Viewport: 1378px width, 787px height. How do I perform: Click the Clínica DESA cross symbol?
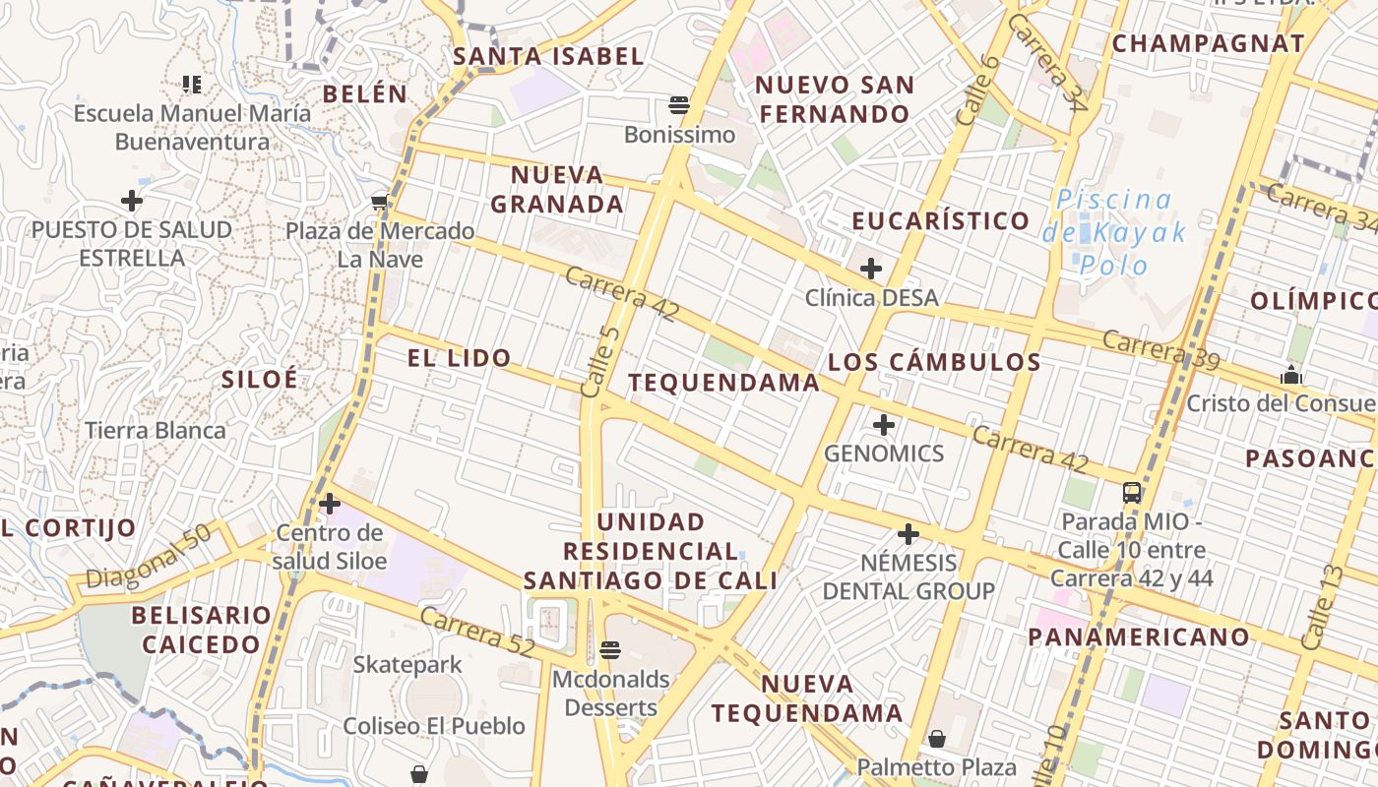click(x=871, y=268)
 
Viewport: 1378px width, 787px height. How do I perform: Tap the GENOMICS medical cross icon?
click(x=884, y=425)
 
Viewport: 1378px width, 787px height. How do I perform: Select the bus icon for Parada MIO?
click(x=1132, y=493)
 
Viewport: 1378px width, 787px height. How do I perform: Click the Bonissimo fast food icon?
click(x=679, y=104)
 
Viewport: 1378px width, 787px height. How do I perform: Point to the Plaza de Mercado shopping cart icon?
click(x=380, y=203)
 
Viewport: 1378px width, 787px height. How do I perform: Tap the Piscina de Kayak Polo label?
click(x=1114, y=232)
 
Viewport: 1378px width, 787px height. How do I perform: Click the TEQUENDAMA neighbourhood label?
click(x=724, y=383)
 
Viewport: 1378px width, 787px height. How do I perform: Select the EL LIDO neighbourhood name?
click(x=460, y=358)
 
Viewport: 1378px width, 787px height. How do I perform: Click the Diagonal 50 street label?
click(x=149, y=557)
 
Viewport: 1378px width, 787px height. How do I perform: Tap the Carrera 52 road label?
click(x=476, y=633)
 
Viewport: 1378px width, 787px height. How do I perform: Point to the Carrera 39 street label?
click(x=1160, y=350)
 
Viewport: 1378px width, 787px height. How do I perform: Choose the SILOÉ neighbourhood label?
click(x=259, y=380)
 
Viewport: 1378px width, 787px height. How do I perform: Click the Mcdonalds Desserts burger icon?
click(x=610, y=650)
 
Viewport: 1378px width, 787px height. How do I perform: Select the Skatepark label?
click(x=407, y=665)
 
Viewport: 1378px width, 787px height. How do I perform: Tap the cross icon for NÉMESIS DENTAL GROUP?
click(x=908, y=534)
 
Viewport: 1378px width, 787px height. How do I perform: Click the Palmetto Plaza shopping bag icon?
click(x=937, y=738)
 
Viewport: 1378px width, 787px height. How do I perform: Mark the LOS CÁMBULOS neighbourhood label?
click(x=934, y=362)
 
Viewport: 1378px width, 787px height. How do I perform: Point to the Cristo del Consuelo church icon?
click(x=1290, y=375)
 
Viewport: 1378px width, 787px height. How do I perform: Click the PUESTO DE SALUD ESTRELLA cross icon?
click(x=132, y=201)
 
